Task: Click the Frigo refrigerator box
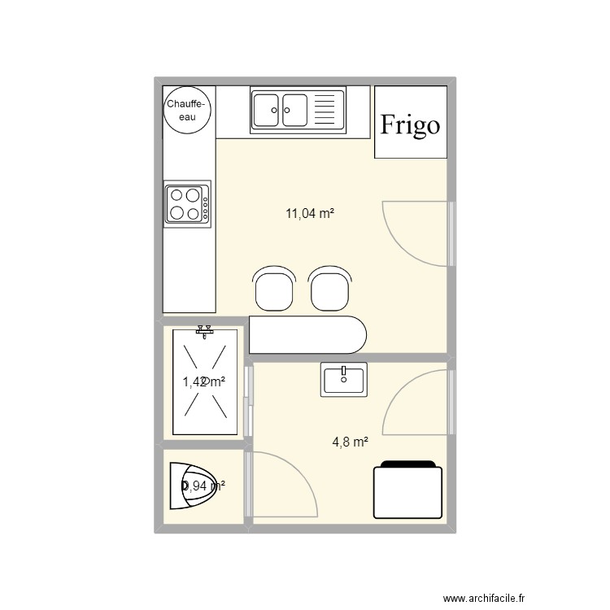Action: pos(411,123)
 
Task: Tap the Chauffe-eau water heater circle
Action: pos(188,110)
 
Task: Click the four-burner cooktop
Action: pos(185,204)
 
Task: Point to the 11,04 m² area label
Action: pos(311,214)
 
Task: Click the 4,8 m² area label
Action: pos(350,442)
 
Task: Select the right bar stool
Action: pos(330,289)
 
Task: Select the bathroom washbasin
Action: pos(345,379)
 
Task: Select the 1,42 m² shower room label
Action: pos(203,381)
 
